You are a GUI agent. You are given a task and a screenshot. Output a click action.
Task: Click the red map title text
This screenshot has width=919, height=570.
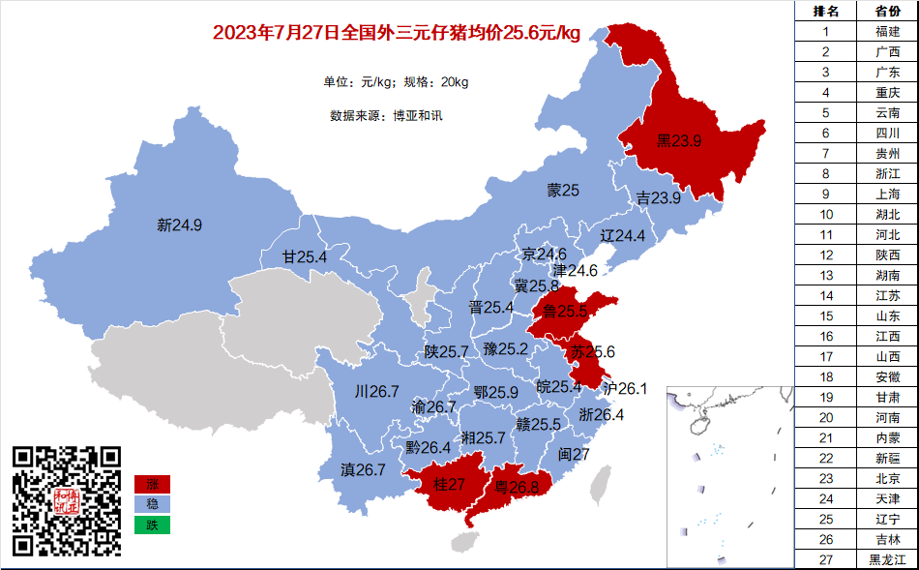pyautogui.click(x=396, y=33)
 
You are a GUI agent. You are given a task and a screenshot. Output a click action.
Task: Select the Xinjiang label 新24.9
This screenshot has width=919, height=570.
pyautogui.click(x=179, y=225)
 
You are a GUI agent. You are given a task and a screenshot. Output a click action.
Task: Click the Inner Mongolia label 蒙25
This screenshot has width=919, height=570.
pyautogui.click(x=562, y=191)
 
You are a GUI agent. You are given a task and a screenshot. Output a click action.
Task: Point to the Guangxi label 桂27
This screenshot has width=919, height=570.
pyautogui.click(x=450, y=484)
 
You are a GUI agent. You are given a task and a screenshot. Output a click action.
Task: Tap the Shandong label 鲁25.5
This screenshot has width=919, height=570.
pyautogui.click(x=565, y=311)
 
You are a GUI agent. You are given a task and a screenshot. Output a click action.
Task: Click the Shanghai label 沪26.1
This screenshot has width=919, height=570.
pyautogui.click(x=624, y=388)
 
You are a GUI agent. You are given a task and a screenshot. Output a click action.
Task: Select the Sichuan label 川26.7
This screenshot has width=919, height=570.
pyautogui.click(x=376, y=392)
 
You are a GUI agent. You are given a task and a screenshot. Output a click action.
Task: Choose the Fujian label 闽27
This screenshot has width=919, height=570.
pyautogui.click(x=574, y=454)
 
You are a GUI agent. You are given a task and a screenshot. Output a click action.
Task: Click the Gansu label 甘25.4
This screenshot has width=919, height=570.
pyautogui.click(x=305, y=257)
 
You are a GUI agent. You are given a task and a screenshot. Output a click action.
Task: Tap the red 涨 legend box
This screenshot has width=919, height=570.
pyautogui.click(x=152, y=483)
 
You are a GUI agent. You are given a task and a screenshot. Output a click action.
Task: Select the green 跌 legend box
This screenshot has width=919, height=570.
pyautogui.click(x=152, y=525)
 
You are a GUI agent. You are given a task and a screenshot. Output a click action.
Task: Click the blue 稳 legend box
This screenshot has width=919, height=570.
pyautogui.click(x=152, y=504)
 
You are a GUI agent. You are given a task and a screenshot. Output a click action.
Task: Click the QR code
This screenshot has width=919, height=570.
pyautogui.click(x=67, y=500)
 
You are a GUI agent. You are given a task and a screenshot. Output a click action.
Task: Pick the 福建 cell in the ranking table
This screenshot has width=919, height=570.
pyautogui.click(x=887, y=31)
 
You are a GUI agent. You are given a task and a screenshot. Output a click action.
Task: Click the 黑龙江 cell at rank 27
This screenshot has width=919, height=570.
pyautogui.click(x=887, y=559)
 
